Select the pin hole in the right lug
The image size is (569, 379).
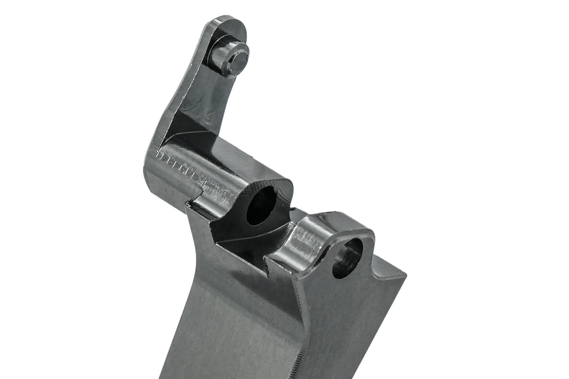[347, 258]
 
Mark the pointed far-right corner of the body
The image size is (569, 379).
[405, 276]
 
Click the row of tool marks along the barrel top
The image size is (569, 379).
[192, 171]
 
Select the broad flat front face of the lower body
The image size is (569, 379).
[234, 323]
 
